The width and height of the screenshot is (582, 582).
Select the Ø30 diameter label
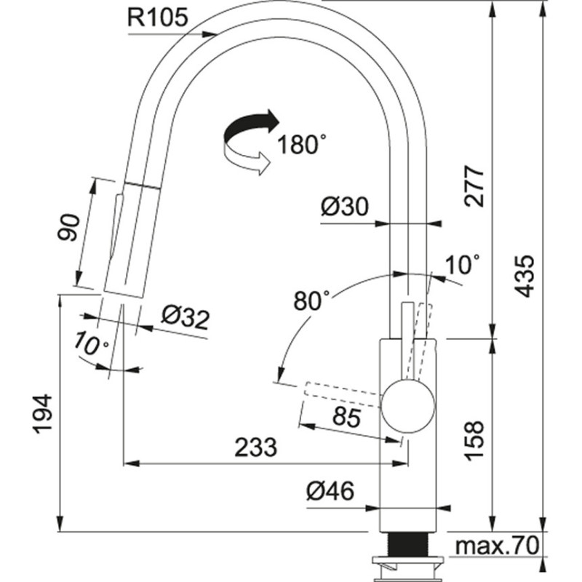(344, 209)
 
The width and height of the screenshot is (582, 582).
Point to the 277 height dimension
(474, 187)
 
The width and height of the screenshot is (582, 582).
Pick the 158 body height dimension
(474, 439)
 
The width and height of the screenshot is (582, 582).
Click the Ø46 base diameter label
(330, 493)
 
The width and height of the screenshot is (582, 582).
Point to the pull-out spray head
(128, 240)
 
